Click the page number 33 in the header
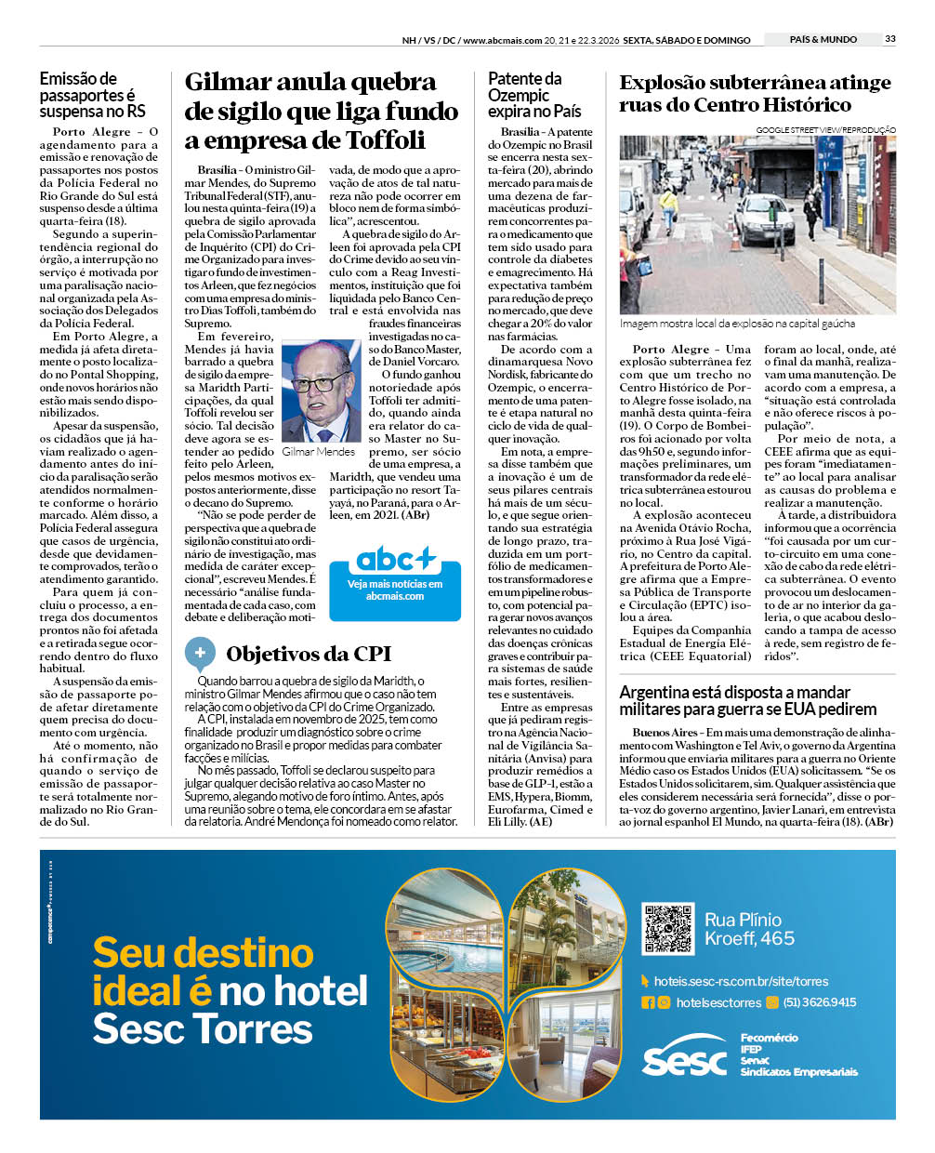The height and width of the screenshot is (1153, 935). point(890,39)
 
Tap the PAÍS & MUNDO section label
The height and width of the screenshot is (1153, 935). point(823,39)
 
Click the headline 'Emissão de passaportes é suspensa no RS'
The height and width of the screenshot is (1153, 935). point(92,95)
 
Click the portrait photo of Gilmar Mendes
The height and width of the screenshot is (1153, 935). point(321,391)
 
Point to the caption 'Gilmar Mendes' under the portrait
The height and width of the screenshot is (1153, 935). point(318,452)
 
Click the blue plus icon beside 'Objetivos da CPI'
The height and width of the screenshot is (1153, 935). point(200,653)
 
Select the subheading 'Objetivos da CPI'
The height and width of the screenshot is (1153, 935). point(309,654)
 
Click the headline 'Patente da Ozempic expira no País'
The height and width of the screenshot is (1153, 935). point(533,95)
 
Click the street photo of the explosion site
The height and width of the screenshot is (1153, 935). point(757,224)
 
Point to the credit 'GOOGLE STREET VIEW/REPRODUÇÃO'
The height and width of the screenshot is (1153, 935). point(825,129)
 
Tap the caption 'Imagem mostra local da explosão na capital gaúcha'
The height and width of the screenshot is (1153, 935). point(737,324)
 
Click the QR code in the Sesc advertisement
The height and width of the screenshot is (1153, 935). point(667,928)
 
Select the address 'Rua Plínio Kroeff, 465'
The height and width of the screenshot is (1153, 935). point(749,929)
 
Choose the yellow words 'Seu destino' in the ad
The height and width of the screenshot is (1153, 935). point(203,953)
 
